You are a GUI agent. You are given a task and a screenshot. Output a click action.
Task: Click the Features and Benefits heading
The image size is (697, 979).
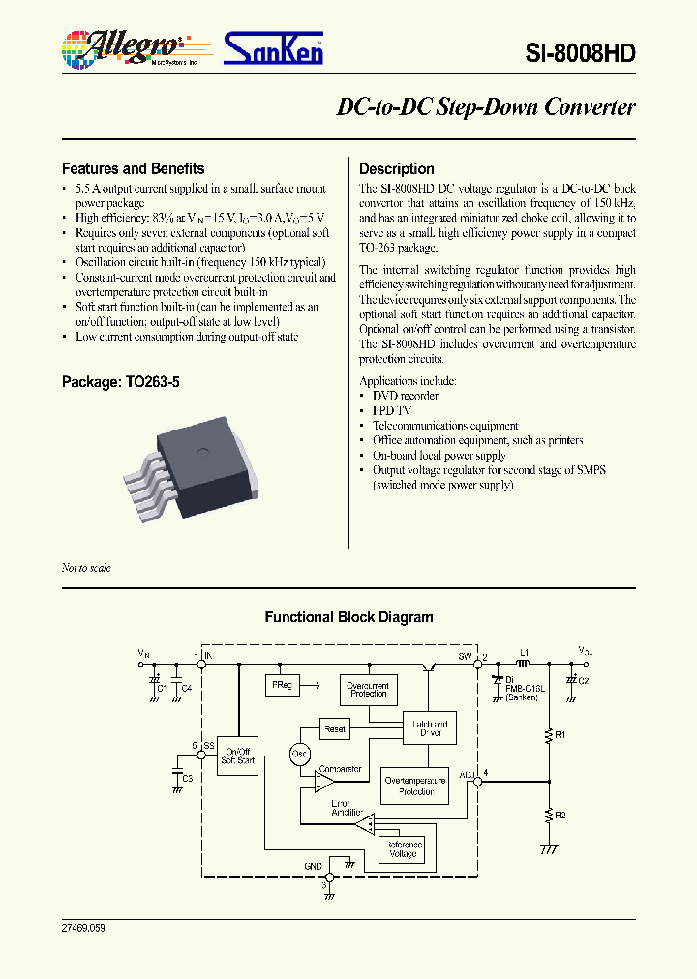click(134, 168)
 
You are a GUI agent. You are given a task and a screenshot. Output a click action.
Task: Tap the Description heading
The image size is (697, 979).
click(397, 168)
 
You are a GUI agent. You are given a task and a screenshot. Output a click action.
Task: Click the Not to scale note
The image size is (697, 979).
click(86, 568)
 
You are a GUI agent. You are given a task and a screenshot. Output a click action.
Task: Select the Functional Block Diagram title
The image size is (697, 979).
click(348, 617)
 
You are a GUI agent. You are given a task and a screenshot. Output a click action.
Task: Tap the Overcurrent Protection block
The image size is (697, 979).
click(367, 689)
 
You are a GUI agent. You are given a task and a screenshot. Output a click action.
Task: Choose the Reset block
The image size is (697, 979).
click(335, 729)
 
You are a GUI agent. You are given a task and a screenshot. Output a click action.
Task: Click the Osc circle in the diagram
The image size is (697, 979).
click(299, 754)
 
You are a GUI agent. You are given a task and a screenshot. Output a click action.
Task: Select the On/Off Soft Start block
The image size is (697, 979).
click(237, 756)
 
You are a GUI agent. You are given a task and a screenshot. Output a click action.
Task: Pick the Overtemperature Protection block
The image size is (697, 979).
click(414, 786)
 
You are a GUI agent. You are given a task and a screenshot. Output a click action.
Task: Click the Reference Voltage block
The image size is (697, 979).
click(404, 849)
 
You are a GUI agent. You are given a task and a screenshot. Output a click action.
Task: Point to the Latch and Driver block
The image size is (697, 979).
click(429, 729)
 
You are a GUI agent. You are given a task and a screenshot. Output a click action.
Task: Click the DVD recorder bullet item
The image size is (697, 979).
click(406, 396)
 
